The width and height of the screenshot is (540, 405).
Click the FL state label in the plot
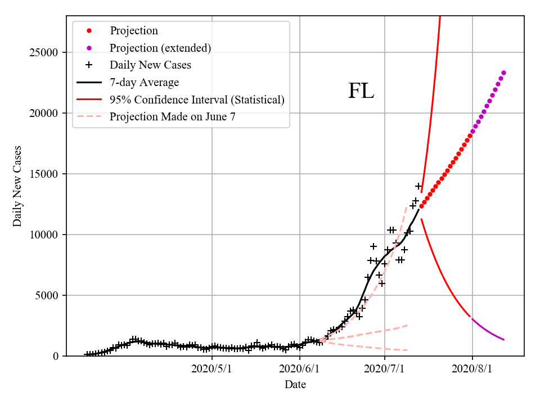pyautogui.click(x=361, y=91)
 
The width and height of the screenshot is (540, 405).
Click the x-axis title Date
pyautogui.click(x=295, y=385)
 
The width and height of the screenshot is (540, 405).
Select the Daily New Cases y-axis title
pyautogui.click(x=17, y=186)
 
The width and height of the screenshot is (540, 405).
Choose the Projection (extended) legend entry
pyautogui.click(x=160, y=48)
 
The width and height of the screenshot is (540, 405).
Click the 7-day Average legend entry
pyautogui.click(x=144, y=83)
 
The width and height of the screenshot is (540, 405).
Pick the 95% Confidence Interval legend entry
pyautogui.click(x=197, y=100)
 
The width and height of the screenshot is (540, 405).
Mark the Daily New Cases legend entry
pyautogui.click(x=150, y=65)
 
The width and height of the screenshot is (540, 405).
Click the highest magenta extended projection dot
pyautogui.click(x=503, y=73)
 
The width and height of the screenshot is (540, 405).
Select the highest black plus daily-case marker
pyautogui.click(x=418, y=186)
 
